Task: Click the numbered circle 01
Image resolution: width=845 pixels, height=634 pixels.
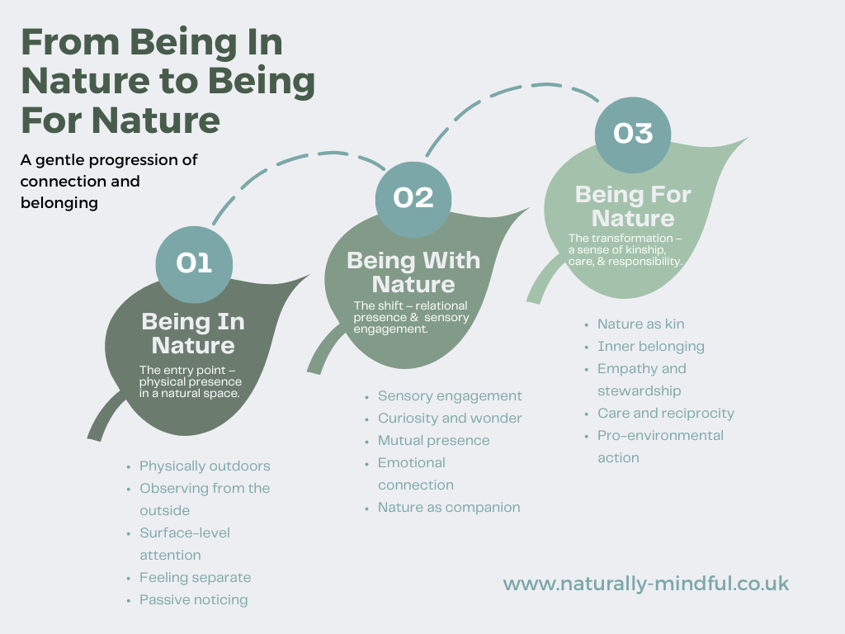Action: (194, 263)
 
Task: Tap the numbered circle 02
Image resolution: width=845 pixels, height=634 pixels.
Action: (413, 197)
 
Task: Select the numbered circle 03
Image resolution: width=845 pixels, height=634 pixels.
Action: (633, 134)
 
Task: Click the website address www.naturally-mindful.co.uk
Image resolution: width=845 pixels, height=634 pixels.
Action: (645, 584)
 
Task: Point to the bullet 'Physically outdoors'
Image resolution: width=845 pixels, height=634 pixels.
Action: (205, 466)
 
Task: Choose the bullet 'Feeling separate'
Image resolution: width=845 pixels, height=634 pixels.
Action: (195, 577)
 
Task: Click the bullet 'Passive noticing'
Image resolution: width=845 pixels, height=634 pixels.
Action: (193, 599)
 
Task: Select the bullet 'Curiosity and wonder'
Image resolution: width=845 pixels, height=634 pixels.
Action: (450, 418)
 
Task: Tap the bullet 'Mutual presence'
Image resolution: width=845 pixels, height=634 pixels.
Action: (433, 440)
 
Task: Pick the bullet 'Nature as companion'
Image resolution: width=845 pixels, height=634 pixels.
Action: (449, 507)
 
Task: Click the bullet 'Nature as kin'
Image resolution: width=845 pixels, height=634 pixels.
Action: (640, 324)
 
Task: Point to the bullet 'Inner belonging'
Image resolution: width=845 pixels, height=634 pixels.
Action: (650, 346)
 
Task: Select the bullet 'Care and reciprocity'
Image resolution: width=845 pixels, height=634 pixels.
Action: (665, 413)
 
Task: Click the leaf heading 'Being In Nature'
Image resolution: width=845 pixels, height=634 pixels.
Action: (193, 333)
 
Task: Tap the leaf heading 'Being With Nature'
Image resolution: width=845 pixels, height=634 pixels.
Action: (413, 272)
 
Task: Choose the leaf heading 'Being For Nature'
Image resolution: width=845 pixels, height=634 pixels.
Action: (633, 206)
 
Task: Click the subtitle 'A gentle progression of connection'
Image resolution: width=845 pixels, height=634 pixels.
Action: (109, 170)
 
